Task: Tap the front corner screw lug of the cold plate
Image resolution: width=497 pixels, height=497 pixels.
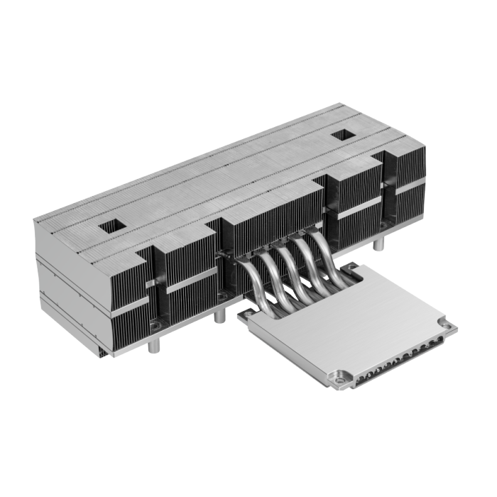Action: tap(340, 380)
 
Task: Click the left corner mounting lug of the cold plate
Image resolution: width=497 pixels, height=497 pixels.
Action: tap(244, 313)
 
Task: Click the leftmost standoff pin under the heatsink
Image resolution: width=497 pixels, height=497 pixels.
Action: tap(153, 348)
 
